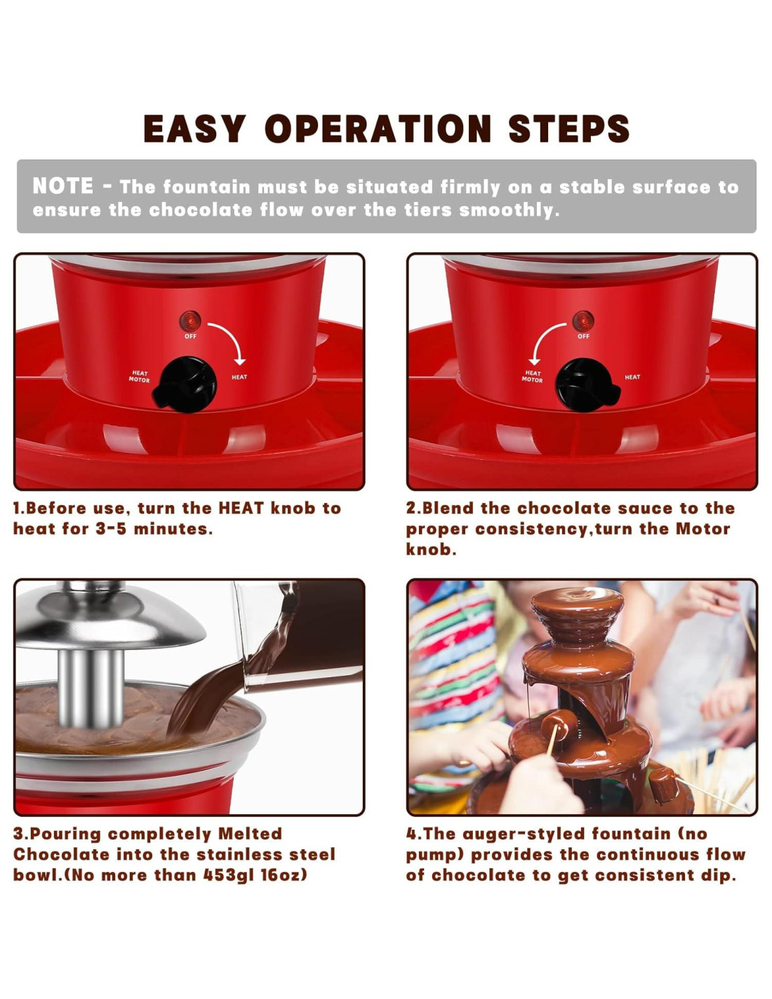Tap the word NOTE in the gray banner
[63, 185]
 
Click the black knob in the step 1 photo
[186, 385]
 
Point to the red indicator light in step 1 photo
[190, 321]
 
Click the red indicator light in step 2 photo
[583, 321]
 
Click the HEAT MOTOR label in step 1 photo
[139, 377]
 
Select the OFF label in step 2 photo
[583, 337]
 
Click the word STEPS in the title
[569, 129]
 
